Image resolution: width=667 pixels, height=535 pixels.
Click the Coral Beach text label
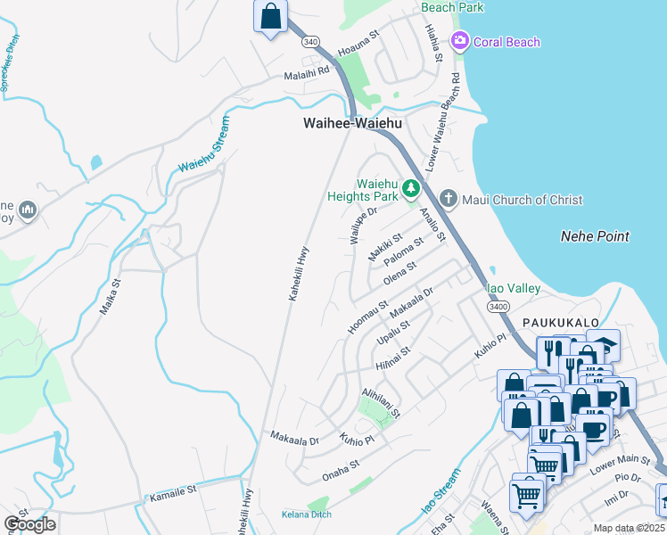pyautogui.click(x=506, y=42)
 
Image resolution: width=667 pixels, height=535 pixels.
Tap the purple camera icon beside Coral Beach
pyautogui.click(x=460, y=40)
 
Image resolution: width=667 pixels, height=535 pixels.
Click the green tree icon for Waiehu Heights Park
pyautogui.click(x=410, y=188)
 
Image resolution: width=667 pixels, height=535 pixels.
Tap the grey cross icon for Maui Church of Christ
pyautogui.click(x=449, y=199)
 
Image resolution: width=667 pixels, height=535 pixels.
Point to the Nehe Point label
pyautogui.click(x=595, y=236)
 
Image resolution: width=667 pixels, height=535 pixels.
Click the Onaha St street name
pyautogui.click(x=341, y=464)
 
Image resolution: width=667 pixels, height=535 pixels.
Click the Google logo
pyautogui.click(x=29, y=523)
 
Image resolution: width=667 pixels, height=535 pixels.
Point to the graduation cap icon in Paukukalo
pyautogui.click(x=603, y=344)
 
